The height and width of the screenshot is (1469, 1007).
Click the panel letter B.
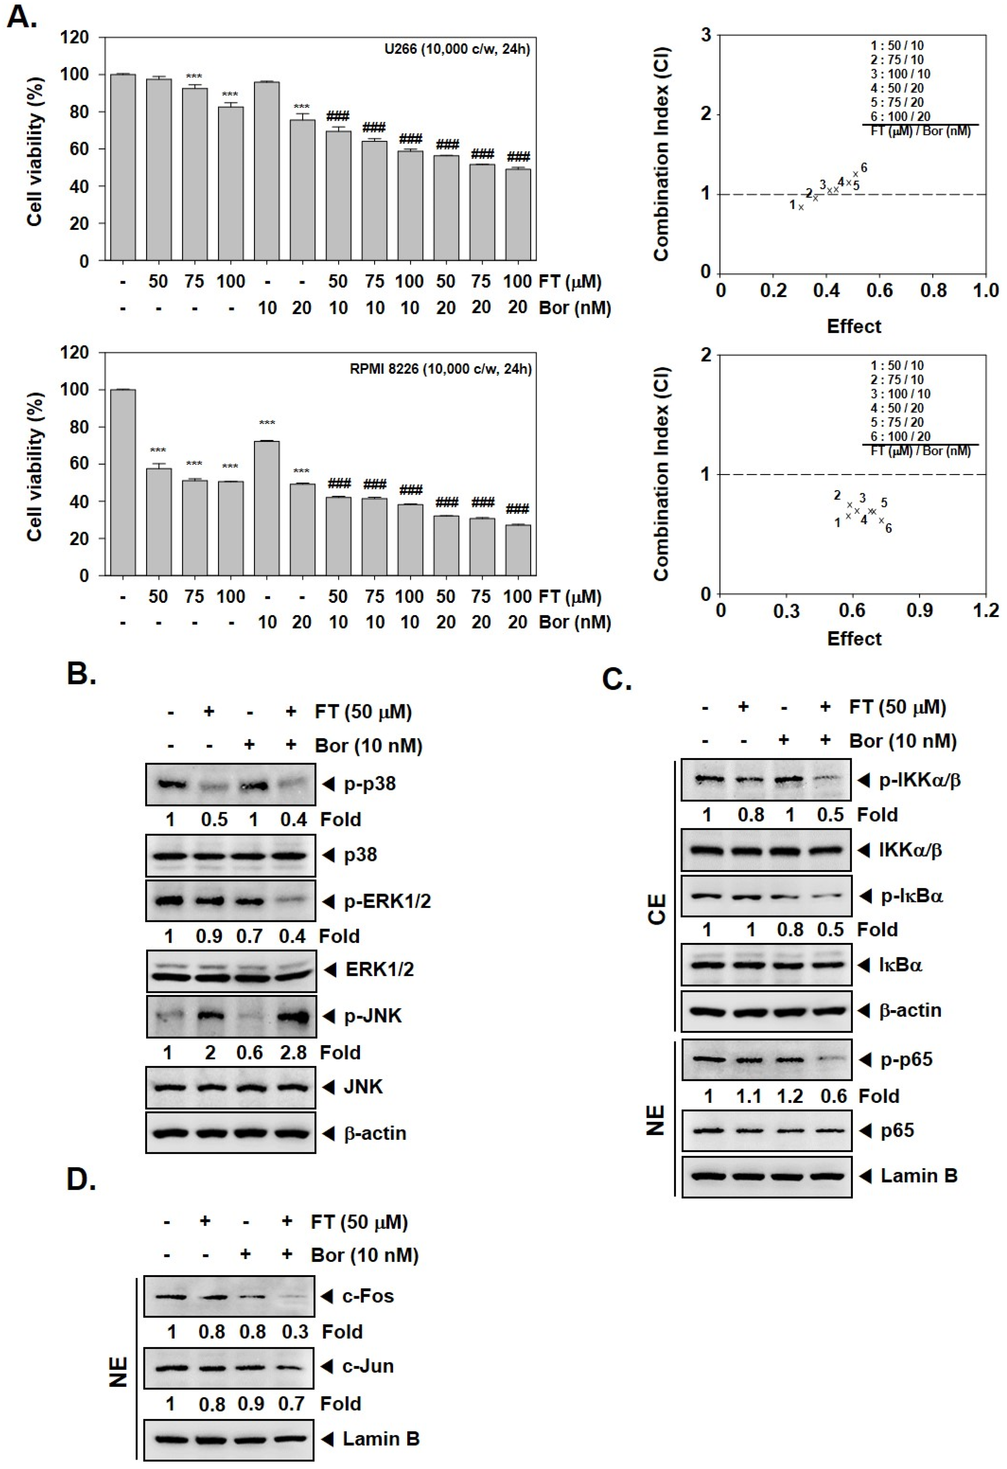81,675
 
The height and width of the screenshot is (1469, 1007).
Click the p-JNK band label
372,1016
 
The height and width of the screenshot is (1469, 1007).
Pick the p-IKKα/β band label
920,780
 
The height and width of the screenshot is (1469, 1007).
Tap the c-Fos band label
368,1296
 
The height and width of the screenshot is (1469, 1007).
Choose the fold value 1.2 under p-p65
790,1095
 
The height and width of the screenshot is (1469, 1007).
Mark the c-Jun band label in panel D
368,1366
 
